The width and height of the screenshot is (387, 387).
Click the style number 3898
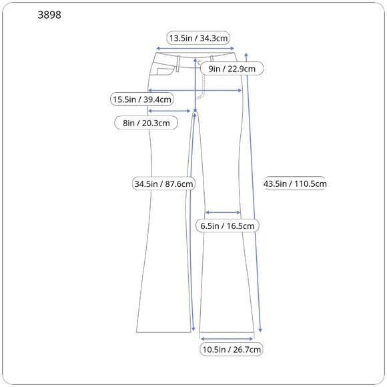(x=49, y=15)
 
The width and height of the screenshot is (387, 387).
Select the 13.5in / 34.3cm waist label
(x=198, y=38)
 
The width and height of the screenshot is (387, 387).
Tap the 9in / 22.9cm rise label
(x=232, y=69)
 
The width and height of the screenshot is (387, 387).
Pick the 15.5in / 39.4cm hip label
(x=142, y=99)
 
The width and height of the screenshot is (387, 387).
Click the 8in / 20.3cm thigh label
(x=146, y=123)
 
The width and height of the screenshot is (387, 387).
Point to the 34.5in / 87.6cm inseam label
(x=163, y=183)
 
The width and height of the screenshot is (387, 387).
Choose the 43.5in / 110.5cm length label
(x=295, y=183)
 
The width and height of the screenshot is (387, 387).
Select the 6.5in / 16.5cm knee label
(x=228, y=226)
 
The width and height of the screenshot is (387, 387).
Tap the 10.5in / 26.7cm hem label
(x=232, y=349)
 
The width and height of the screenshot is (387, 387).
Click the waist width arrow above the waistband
(x=195, y=48)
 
